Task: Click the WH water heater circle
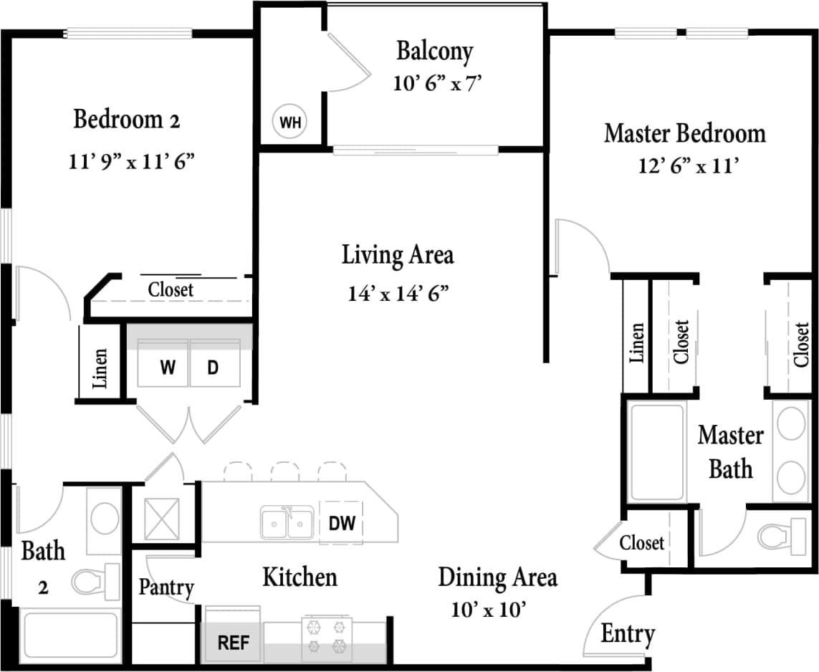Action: pos(290,123)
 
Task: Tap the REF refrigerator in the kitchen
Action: pos(233,642)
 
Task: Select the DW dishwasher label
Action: pos(342,523)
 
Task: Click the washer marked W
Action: pos(168,368)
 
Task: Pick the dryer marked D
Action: pos(213,368)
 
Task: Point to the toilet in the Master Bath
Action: pos(781,534)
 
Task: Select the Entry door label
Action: pos(627,634)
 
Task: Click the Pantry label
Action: pos(166,587)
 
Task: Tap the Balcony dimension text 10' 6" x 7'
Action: pos(436,84)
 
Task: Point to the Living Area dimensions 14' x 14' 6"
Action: pos(398,293)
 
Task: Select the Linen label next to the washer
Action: pos(100,368)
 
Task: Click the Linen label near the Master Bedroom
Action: pos(636,342)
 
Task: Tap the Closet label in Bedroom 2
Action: pos(171,289)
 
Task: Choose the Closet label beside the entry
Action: pos(642,542)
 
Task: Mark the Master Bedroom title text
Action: pos(684,133)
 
